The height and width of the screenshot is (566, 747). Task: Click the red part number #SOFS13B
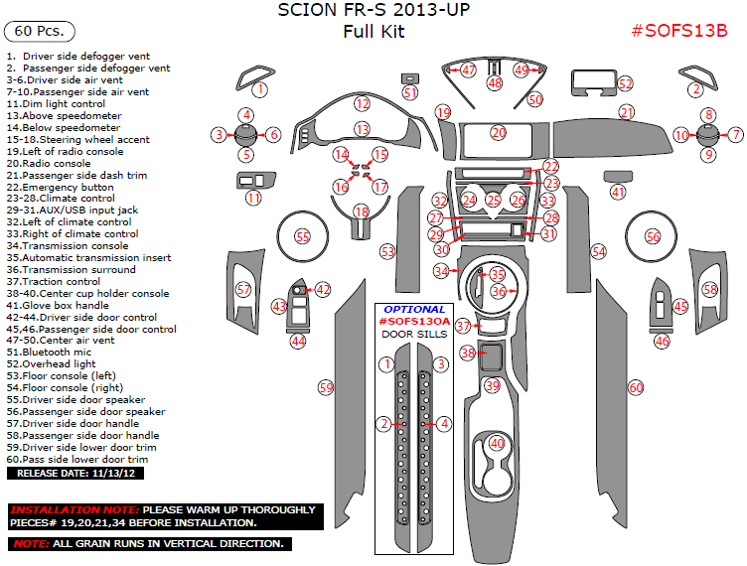679,31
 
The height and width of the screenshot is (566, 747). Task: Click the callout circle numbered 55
303,237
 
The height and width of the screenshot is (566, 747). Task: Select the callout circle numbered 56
653,237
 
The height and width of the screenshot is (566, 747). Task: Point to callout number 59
325,386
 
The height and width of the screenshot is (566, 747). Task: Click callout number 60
637,387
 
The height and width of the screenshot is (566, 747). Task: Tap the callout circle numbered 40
497,444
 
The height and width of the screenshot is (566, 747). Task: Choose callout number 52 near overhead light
625,84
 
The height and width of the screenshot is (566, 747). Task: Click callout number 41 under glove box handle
619,192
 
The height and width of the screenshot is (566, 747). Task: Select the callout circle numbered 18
362,212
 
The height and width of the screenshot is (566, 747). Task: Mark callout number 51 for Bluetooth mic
410,92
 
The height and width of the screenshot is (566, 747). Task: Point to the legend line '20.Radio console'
49,163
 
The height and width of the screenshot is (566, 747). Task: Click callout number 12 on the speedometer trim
363,103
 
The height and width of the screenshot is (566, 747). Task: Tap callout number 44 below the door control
297,341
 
